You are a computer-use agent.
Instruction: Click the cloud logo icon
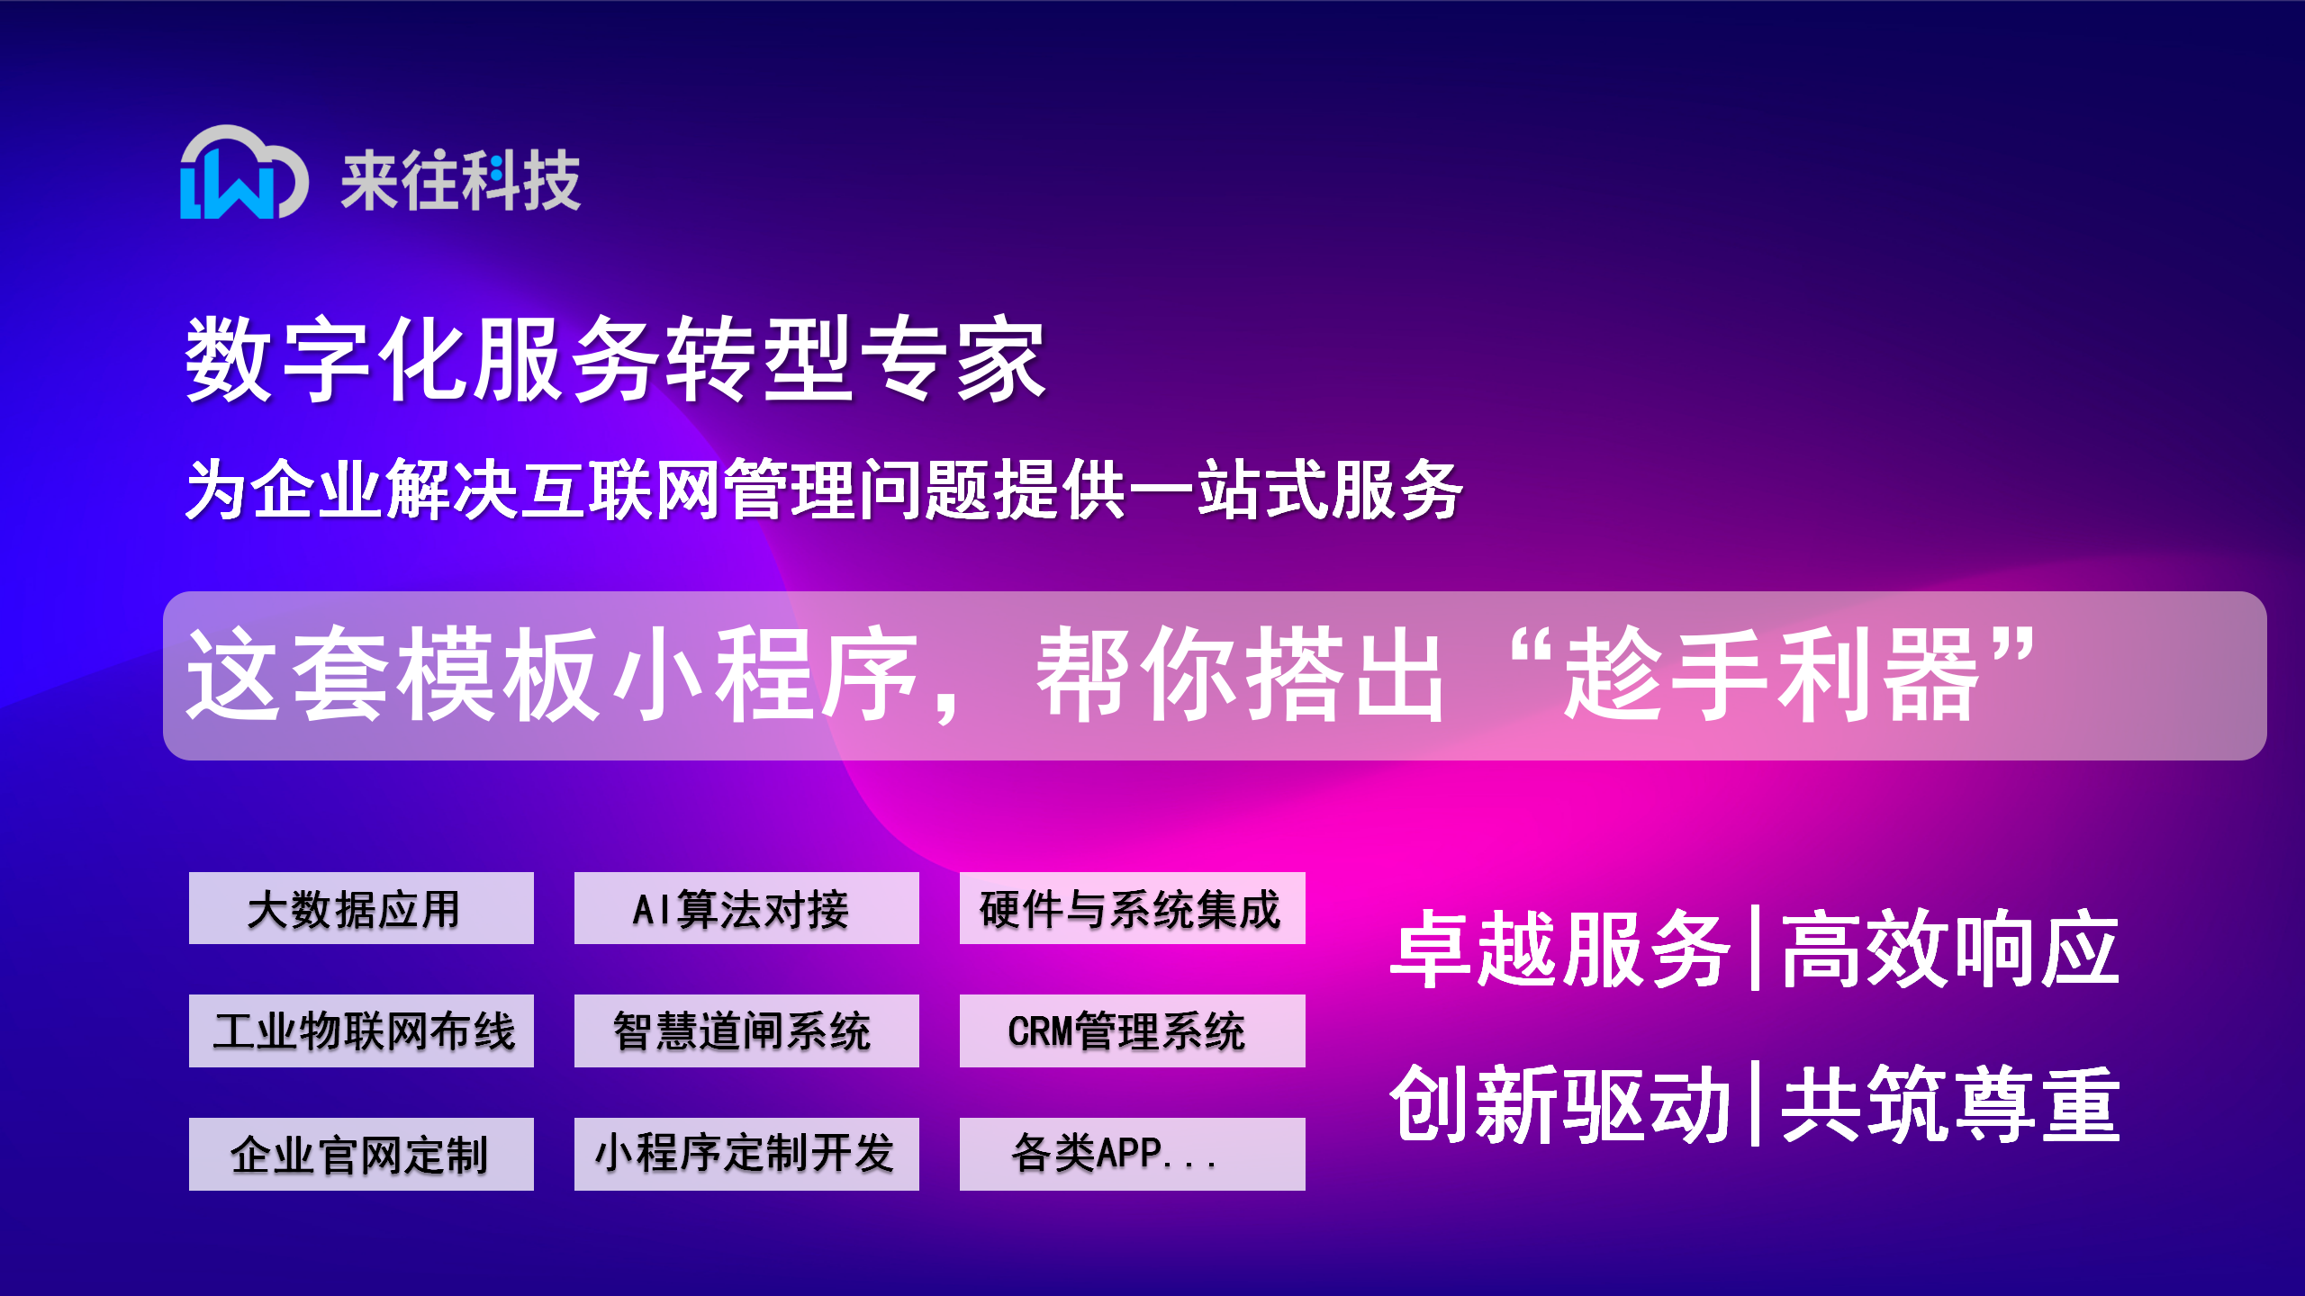click(x=244, y=172)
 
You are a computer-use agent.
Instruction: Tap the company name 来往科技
click(x=461, y=180)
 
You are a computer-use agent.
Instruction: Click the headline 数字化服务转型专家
click(x=615, y=358)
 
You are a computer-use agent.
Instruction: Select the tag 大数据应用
click(x=361, y=908)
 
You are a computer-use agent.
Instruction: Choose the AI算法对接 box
click(x=746, y=908)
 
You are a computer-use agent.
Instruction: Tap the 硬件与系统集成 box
click(x=1133, y=908)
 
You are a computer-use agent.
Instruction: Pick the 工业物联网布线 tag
click(x=361, y=1030)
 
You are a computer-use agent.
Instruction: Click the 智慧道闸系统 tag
click(x=746, y=1030)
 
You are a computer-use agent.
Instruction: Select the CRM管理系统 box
click(x=1133, y=1030)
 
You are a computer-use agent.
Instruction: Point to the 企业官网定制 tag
click(x=361, y=1154)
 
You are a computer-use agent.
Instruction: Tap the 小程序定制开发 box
click(x=746, y=1154)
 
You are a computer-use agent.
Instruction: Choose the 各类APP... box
click(x=1133, y=1154)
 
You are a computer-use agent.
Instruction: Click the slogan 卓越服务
click(x=1559, y=949)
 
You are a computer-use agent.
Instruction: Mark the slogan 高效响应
click(x=1950, y=949)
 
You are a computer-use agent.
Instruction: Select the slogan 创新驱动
click(x=1559, y=1103)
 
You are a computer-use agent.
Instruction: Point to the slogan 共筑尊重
click(x=1950, y=1103)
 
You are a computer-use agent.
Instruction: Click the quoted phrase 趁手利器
click(x=1772, y=674)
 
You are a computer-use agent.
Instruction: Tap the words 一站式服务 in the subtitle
click(x=1296, y=490)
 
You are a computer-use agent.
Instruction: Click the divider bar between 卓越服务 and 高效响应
click(x=1755, y=949)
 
